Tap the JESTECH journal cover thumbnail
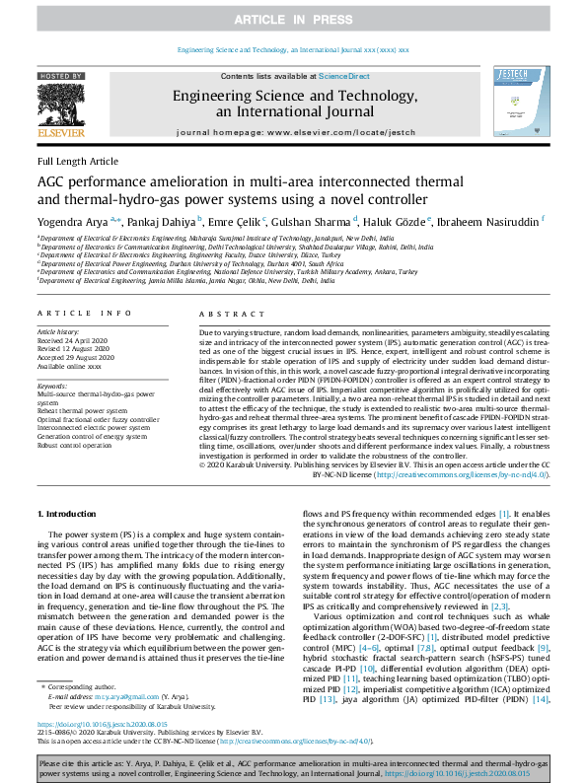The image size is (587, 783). (523, 107)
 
